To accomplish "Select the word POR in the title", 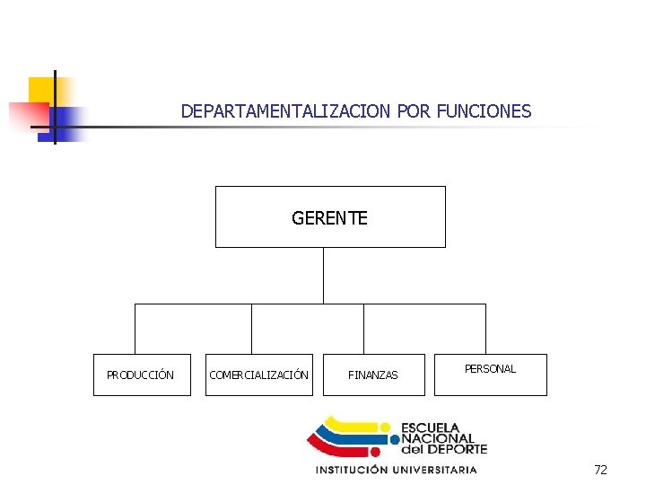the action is coord(414,111).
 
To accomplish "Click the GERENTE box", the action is coord(330,216).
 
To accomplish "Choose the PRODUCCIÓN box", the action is coord(142,375).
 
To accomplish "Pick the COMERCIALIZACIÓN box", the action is coord(259,375).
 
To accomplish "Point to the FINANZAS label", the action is coord(373,375).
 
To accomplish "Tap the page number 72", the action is coord(600,470).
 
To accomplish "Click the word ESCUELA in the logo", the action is coord(430,428).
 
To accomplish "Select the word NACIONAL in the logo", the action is coord(437,438).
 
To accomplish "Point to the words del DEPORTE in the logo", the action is coord(443,449).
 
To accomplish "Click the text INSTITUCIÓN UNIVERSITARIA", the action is coord(396,470).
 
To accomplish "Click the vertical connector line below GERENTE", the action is coord(323,275).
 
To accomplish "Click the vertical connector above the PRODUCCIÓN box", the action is coord(135,328).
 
